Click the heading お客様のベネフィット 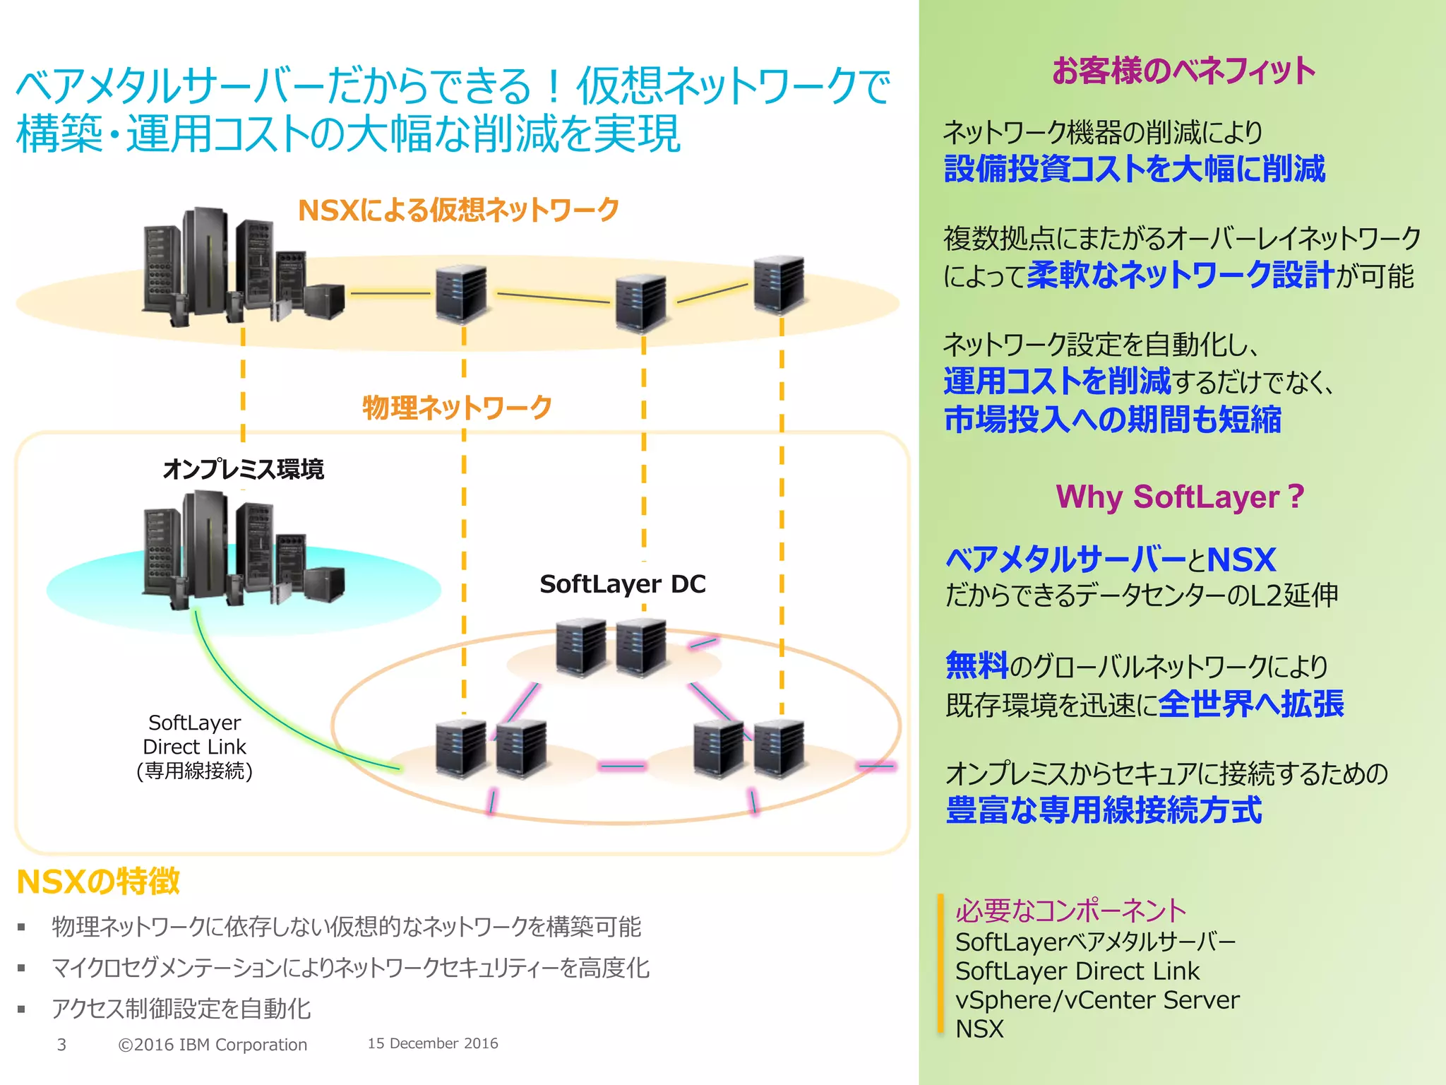pos(1183,71)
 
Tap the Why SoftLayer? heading pos(1179,497)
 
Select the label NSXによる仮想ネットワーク pos(458,210)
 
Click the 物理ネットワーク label pos(457,408)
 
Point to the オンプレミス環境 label pos(243,469)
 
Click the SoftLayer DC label pos(622,584)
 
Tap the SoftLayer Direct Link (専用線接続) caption pos(194,747)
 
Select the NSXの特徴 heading pos(98,882)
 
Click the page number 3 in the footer pos(61,1045)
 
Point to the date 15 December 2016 pos(432,1043)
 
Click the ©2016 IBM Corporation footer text pos(213,1045)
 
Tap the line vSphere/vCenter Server pos(1097,1000)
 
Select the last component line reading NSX pos(979,1029)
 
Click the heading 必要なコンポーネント pos(1070,911)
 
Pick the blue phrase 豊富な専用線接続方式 pos(1103,810)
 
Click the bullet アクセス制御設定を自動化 pos(181,1009)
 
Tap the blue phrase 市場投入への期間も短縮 pos(1112,420)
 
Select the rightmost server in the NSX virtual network pos(779,285)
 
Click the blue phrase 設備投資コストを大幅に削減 pos(1134,170)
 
